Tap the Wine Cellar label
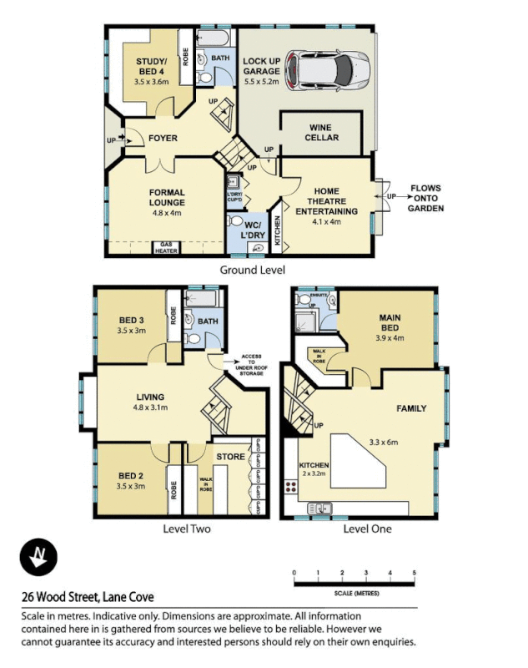(x=321, y=132)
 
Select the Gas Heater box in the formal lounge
(x=167, y=248)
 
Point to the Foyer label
(x=163, y=138)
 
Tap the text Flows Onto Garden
(x=425, y=199)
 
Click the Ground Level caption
(x=252, y=270)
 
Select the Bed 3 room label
(x=132, y=325)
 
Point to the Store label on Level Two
(x=230, y=457)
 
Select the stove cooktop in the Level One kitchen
(x=293, y=488)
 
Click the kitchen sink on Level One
(x=319, y=509)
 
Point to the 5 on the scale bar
(x=415, y=572)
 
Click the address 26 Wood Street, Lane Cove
(x=88, y=597)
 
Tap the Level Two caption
(x=187, y=529)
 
